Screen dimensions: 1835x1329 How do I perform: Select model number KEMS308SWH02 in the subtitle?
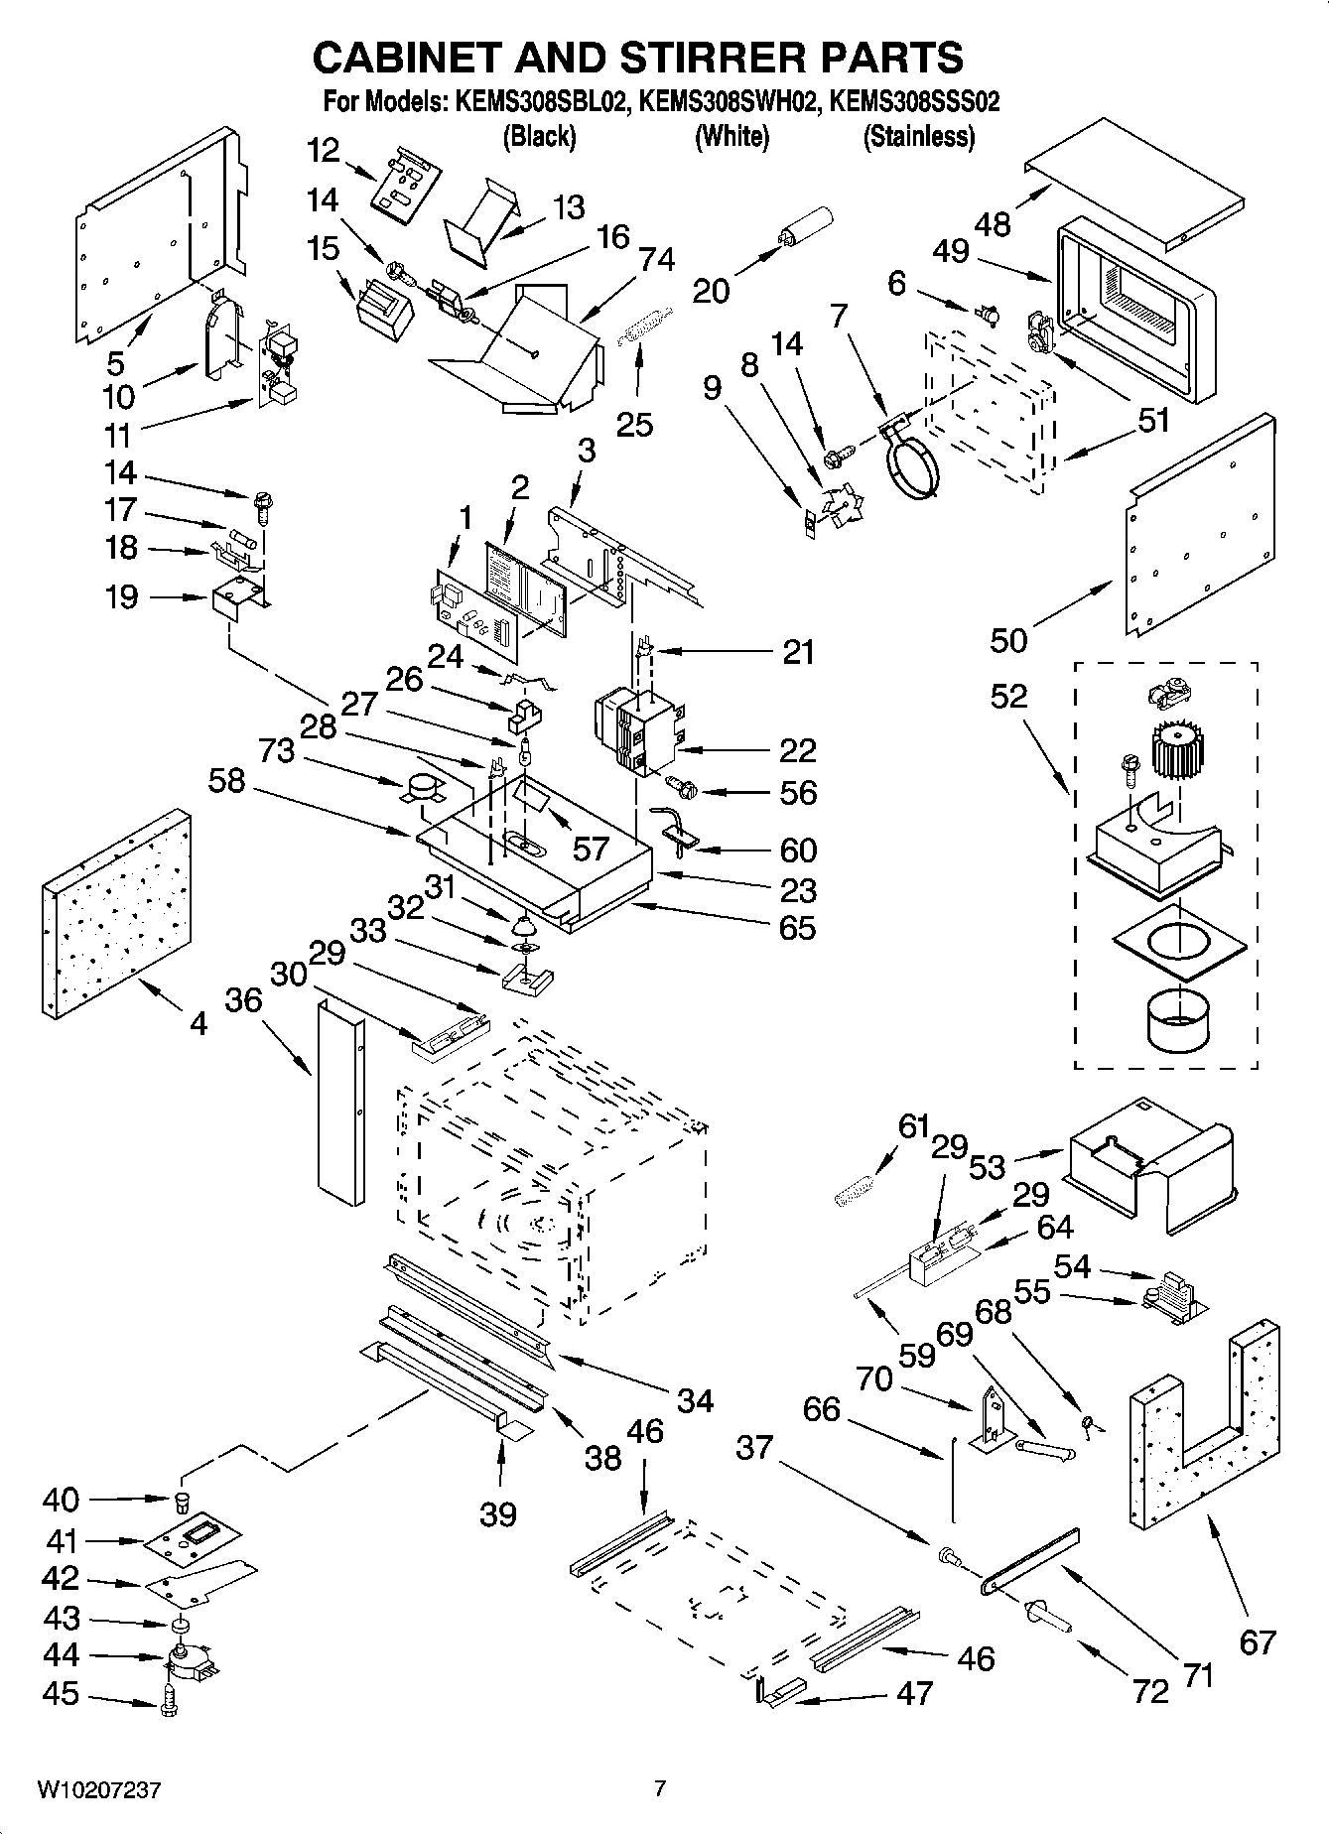(x=728, y=102)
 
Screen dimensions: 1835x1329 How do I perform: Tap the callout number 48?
(x=992, y=224)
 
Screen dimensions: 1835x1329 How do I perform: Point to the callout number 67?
(x=1257, y=1642)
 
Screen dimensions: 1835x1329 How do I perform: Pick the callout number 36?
(x=243, y=999)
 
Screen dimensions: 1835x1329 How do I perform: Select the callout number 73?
(x=277, y=751)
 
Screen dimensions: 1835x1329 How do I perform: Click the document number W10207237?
(x=99, y=1791)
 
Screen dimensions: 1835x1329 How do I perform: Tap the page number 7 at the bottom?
(x=660, y=1789)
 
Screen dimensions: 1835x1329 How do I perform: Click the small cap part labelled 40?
(x=183, y=1498)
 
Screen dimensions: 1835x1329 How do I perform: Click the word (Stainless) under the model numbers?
(x=918, y=137)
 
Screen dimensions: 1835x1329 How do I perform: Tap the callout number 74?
(x=657, y=259)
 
